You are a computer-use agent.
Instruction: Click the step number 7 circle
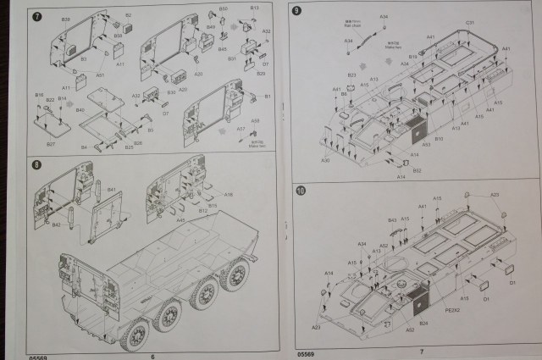pos(36,16)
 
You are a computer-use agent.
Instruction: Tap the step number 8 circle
pos(36,163)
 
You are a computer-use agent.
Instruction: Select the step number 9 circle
pos(296,11)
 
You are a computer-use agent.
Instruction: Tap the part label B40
pos(80,110)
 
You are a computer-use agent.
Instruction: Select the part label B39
pos(66,19)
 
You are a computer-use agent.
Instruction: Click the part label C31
pos(469,23)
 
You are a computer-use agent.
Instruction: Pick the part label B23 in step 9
pos(351,75)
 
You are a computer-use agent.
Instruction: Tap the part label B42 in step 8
pos(56,224)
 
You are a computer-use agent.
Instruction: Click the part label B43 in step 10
pos(392,220)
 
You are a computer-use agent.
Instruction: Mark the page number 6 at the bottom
pos(152,356)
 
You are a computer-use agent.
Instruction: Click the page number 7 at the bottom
pos(421,351)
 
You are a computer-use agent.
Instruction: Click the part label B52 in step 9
pos(417,170)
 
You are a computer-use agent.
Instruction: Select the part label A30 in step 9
pos(325,160)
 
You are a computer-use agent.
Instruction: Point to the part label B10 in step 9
pos(439,138)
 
